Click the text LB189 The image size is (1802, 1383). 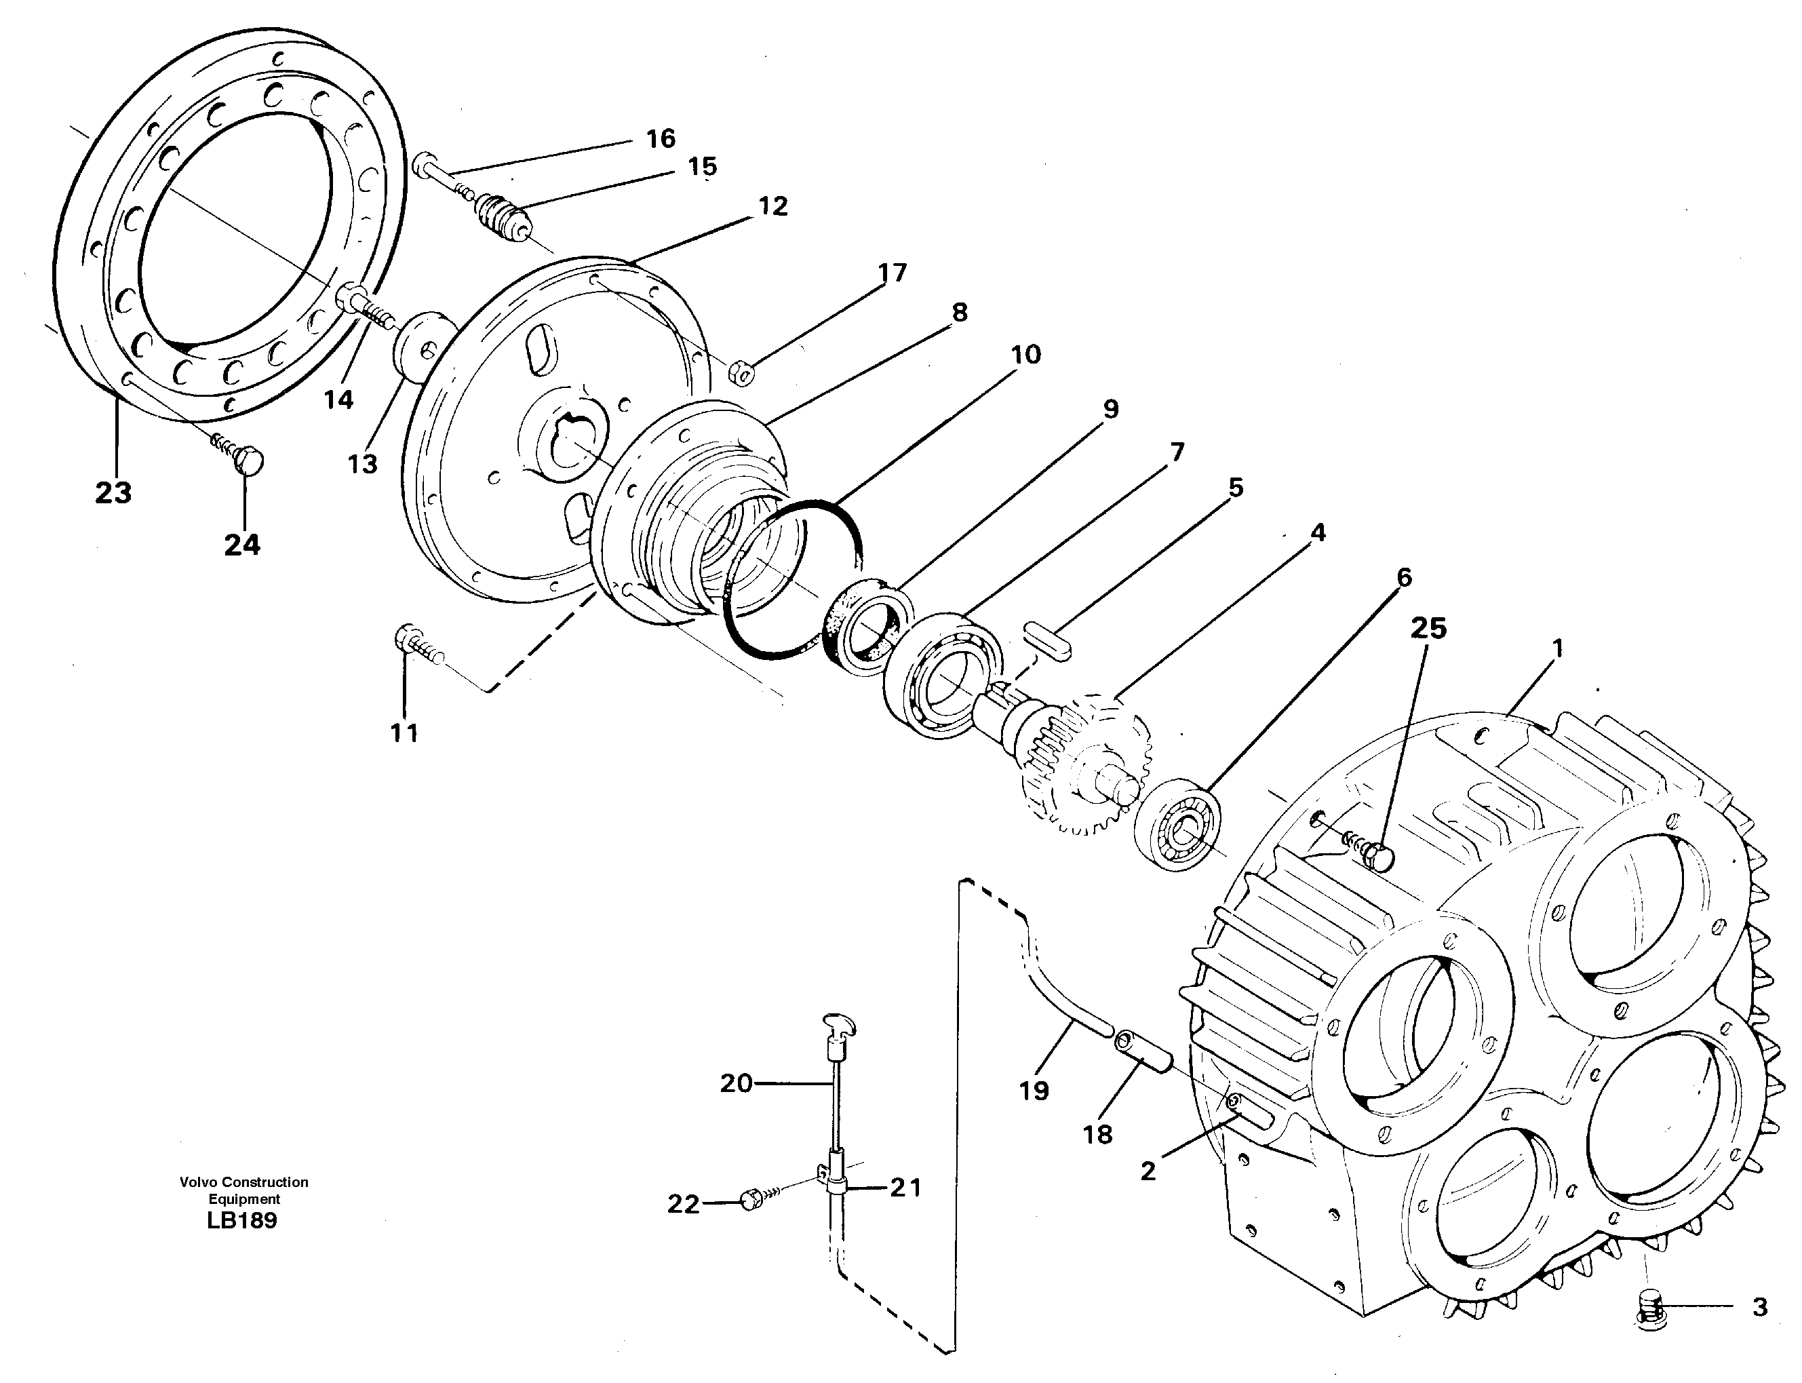(x=242, y=1221)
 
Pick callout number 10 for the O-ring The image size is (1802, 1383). (x=1025, y=355)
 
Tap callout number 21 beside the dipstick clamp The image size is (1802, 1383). (x=905, y=1187)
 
